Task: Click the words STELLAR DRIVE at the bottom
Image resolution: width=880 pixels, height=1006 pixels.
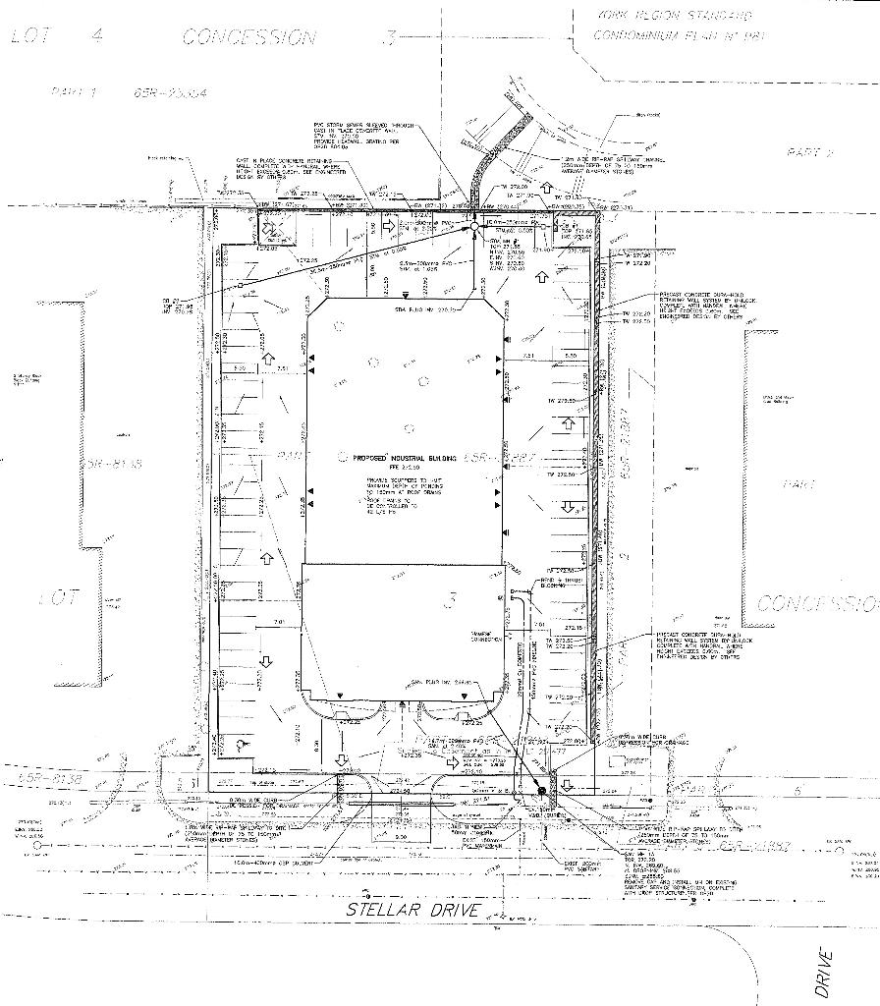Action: [x=412, y=910]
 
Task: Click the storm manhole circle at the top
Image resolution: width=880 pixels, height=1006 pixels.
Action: [x=473, y=227]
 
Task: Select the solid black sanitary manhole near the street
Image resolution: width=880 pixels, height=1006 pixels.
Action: [x=541, y=791]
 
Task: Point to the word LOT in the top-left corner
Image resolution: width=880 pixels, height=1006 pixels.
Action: [x=30, y=37]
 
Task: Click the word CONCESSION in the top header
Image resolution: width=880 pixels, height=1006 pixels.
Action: [x=249, y=38]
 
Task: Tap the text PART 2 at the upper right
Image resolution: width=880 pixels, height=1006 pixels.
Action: [x=809, y=152]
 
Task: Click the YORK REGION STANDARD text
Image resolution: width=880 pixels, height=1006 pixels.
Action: [x=674, y=17]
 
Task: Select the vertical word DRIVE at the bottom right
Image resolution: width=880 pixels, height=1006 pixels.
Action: [x=824, y=972]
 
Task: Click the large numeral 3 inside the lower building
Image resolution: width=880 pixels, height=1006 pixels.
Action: [x=450, y=598]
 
